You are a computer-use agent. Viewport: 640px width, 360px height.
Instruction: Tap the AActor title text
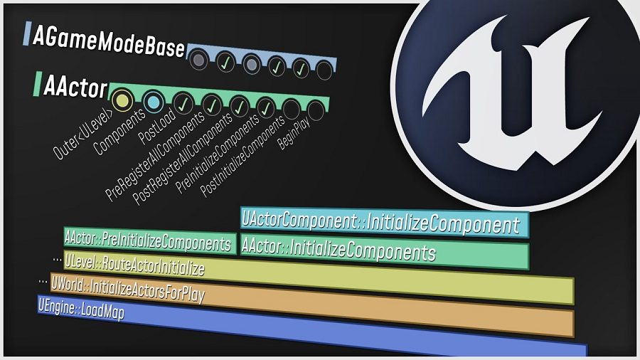pos(75,86)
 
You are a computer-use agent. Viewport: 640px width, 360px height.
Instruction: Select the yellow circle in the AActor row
pos(122,100)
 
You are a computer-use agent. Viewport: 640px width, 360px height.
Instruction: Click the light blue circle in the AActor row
pos(154,102)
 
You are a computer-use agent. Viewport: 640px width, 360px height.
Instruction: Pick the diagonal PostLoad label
pos(157,127)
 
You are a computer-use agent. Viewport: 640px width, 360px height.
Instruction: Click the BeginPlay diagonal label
pos(294,133)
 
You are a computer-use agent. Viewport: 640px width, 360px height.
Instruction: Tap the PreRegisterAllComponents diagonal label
pos(155,157)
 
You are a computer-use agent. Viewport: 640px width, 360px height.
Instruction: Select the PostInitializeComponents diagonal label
pos(242,157)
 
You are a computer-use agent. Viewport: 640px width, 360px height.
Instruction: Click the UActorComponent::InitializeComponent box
pos(385,223)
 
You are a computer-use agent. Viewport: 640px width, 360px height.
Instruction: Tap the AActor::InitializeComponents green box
pos(385,251)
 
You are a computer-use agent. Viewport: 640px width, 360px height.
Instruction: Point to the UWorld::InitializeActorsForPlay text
pos(128,288)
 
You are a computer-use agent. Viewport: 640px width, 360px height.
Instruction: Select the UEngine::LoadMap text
pos(81,309)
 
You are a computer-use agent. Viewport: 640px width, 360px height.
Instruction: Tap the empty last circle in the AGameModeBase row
pos(324,70)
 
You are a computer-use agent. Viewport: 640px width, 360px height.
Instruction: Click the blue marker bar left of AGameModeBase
pos(27,33)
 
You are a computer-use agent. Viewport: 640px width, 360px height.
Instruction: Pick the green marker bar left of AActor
pos(38,84)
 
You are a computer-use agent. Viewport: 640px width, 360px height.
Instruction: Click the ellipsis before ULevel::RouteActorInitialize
pos(57,260)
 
